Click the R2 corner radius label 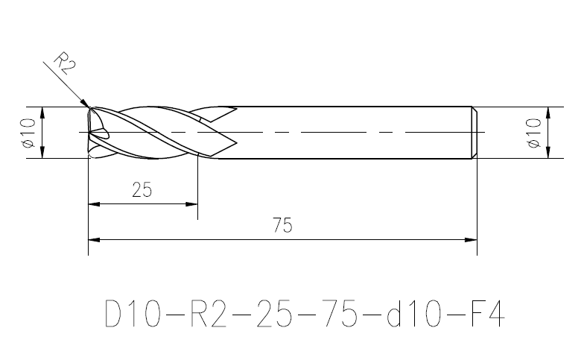point(65,63)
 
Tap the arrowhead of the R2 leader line point(86,103)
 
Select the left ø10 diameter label point(29,133)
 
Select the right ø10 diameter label point(534,133)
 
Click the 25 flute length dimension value point(142,190)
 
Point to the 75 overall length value point(282,225)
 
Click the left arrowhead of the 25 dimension point(94,204)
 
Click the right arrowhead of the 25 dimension point(191,204)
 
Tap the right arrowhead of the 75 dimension point(471,240)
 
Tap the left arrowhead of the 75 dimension point(94,240)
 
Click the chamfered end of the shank point(475,133)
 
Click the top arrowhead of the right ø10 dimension point(548,113)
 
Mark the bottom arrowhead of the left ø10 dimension point(42,153)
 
